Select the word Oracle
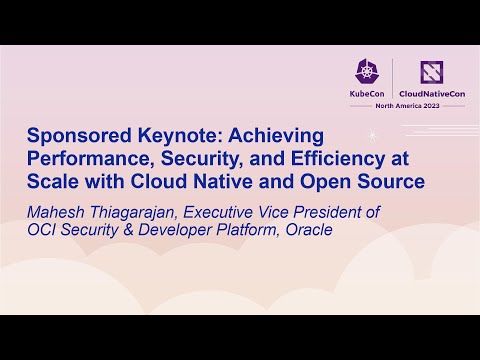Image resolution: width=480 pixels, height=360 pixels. pyautogui.click(x=308, y=230)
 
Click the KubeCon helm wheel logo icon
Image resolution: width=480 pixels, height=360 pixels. pyautogui.click(x=367, y=71)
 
